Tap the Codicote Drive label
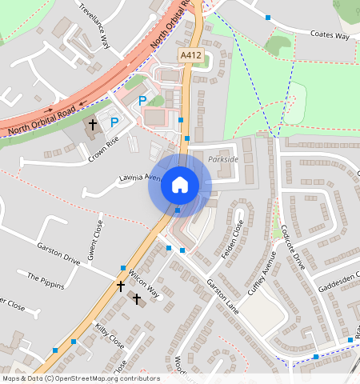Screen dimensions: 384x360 (293, 249)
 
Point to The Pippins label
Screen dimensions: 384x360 (44, 277)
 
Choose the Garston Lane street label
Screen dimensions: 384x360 (223, 295)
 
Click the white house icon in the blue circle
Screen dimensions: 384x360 (180, 186)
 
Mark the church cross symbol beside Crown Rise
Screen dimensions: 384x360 (92, 125)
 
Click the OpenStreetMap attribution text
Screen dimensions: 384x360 (80, 378)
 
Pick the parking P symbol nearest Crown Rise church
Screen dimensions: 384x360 (114, 122)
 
